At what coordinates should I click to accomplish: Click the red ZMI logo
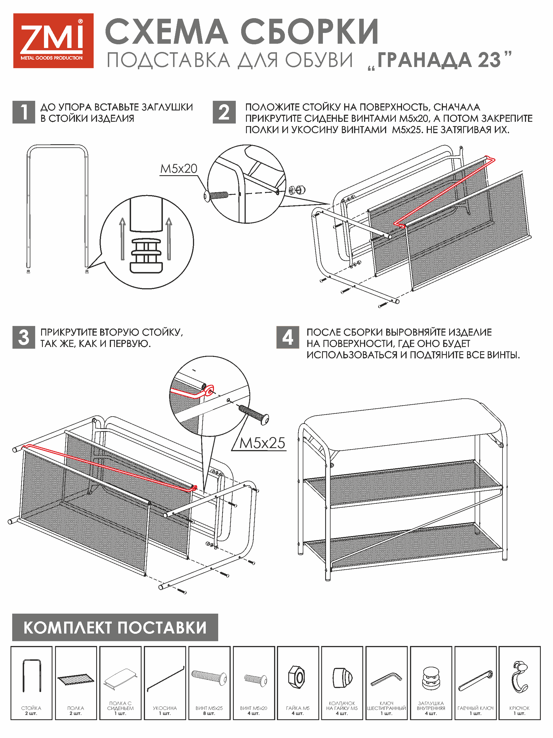pyautogui.click(x=53, y=41)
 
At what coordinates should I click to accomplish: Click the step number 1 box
pyautogui.click(x=24, y=112)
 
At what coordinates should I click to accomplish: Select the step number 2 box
pyautogui.click(x=224, y=112)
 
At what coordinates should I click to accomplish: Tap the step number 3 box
pyautogui.click(x=24, y=337)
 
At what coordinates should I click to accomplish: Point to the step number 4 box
pyautogui.click(x=288, y=337)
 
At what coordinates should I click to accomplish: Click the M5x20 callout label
pyautogui.click(x=179, y=169)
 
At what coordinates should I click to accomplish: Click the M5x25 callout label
pyautogui.click(x=262, y=443)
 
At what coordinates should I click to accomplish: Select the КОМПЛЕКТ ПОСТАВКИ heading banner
pyautogui.click(x=115, y=627)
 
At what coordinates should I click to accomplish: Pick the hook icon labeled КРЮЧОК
pyautogui.click(x=519, y=677)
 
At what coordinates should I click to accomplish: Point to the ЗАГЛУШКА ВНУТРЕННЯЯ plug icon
pyautogui.click(x=431, y=678)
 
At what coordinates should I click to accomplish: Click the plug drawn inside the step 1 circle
pyautogui.click(x=146, y=255)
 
